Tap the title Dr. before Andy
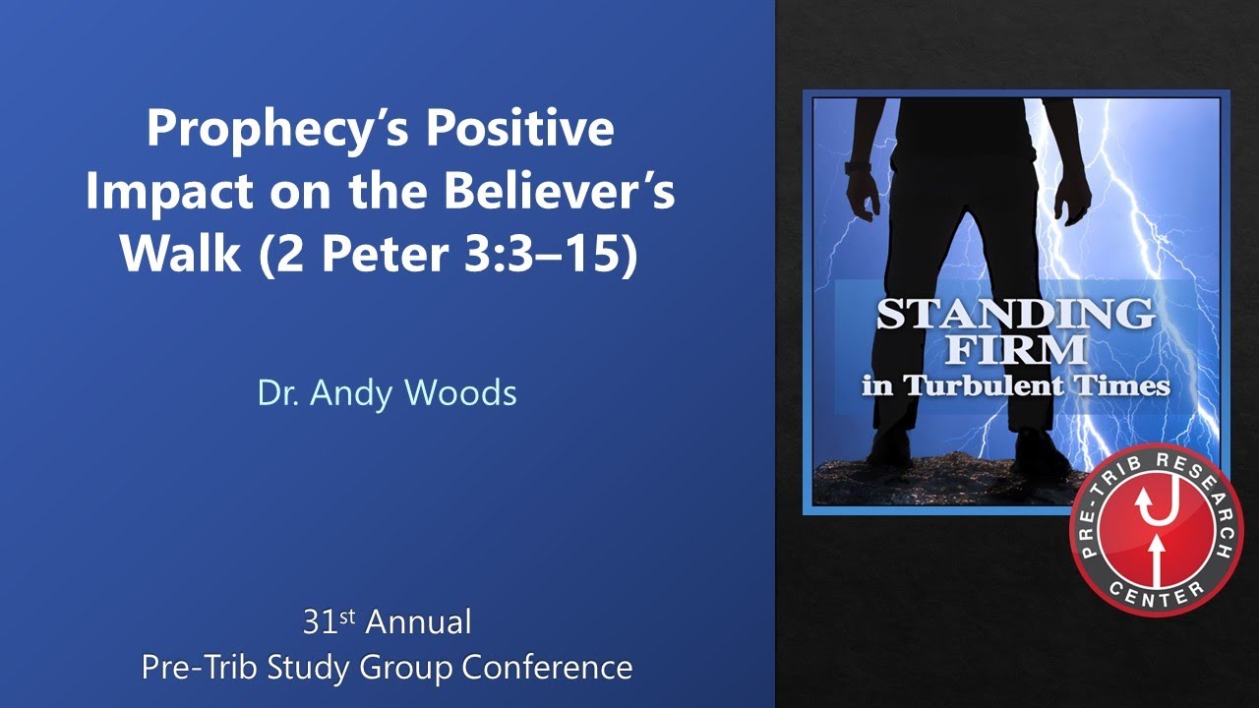279,393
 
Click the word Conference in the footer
547,668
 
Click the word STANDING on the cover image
1015,315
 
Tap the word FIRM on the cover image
1016,349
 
